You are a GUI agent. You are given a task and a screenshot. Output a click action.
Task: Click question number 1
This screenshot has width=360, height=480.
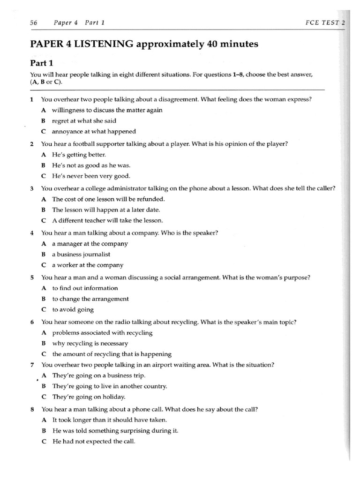tap(31, 99)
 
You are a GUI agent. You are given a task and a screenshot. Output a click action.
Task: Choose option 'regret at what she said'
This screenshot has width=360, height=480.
tap(84, 121)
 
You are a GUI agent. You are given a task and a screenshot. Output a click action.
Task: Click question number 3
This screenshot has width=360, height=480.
tap(31, 188)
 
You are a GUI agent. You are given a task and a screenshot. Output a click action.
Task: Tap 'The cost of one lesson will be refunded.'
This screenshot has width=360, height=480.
tap(108, 199)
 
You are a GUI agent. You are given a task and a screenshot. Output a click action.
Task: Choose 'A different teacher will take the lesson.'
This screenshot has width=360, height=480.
tap(107, 220)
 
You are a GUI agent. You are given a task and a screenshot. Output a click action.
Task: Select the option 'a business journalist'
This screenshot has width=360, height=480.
tap(81, 254)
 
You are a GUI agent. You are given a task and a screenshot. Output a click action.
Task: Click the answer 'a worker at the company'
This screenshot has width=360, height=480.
tap(87, 265)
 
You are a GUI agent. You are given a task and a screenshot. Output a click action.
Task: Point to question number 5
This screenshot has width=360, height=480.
tap(31, 277)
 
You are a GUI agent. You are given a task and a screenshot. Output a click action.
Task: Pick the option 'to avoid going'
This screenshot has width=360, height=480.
tap(73, 309)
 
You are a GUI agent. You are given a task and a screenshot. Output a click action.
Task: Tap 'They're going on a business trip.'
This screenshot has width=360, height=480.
tap(98, 375)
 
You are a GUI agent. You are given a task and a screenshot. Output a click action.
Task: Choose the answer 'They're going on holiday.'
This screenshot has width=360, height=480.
tap(89, 397)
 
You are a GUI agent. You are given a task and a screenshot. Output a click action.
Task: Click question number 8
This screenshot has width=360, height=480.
tap(31, 409)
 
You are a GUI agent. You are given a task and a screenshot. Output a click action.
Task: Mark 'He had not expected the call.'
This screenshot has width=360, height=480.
tap(93, 441)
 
